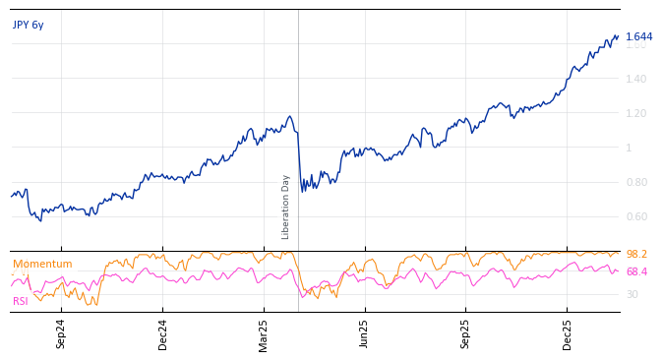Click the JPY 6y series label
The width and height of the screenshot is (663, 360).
click(29, 25)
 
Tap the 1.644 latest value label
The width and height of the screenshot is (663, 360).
click(638, 37)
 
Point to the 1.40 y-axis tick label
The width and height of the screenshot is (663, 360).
click(637, 79)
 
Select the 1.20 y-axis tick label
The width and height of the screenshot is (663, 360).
click(637, 113)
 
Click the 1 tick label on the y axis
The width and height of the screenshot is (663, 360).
click(630, 148)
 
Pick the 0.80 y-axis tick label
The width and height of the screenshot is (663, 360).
click(637, 182)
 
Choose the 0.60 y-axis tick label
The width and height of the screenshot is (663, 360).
click(637, 216)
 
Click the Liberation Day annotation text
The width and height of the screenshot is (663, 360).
click(286, 207)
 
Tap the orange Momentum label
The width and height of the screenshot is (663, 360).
click(42, 265)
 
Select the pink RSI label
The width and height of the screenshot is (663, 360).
click(21, 301)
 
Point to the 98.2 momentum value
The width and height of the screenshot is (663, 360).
click(636, 255)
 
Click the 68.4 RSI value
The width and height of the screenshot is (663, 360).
click(636, 272)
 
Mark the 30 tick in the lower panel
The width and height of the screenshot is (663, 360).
click(632, 294)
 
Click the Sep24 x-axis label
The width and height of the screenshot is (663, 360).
click(61, 333)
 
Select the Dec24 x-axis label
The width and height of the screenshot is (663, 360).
click(163, 333)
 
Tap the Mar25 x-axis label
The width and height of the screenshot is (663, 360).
click(264, 333)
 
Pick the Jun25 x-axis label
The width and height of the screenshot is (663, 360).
click(364, 333)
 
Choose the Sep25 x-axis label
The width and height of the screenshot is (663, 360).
click(465, 333)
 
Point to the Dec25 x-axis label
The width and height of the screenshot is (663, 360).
click(567, 333)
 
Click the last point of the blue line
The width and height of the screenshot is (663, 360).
click(618, 36)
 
